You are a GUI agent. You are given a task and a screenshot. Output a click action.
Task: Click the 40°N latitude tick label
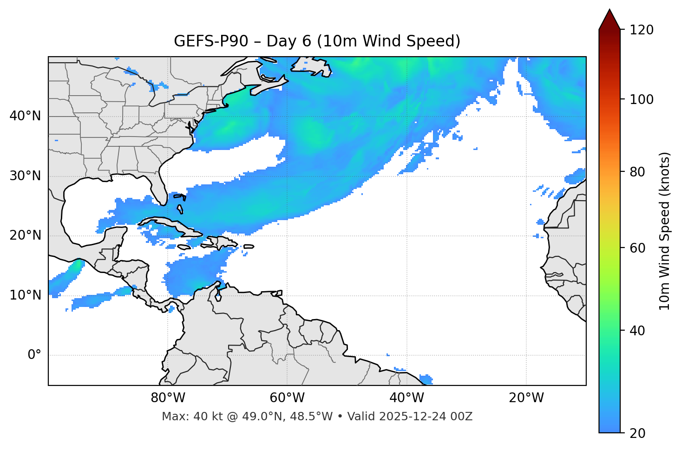click(x=25, y=116)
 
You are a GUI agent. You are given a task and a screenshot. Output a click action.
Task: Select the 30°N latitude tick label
click(x=25, y=176)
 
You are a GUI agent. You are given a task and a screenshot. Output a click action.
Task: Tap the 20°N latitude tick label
click(x=25, y=235)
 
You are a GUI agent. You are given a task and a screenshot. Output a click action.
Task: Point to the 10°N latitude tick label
click(x=25, y=295)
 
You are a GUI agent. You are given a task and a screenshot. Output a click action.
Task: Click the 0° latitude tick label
click(x=34, y=355)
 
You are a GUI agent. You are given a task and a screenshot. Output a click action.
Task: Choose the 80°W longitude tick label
click(x=168, y=398)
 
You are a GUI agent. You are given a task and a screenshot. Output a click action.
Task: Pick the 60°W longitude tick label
click(x=287, y=398)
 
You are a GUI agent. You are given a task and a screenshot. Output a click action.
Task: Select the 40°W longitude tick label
click(x=407, y=398)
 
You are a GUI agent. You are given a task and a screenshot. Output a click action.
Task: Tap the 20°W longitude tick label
click(x=526, y=398)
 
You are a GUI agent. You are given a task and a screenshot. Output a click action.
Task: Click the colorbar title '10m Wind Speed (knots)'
click(x=665, y=231)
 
